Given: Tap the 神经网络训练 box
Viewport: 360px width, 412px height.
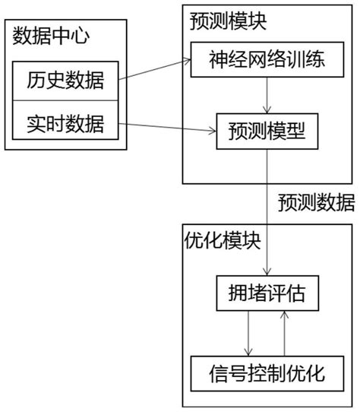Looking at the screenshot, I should click(x=267, y=59).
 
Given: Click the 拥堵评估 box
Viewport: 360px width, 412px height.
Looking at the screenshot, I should click(x=264, y=293).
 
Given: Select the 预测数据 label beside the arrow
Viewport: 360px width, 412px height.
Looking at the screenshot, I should click(x=315, y=203).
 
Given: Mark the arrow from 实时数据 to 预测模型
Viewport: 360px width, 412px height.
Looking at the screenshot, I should click(x=167, y=127).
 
